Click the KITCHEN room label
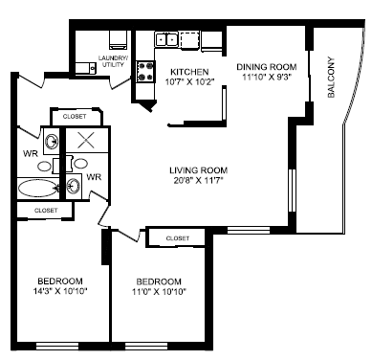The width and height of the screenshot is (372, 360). (x=190, y=72)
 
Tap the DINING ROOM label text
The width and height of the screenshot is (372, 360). (x=267, y=66)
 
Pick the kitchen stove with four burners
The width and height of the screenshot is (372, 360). (x=147, y=70)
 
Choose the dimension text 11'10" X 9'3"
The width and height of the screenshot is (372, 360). (x=267, y=78)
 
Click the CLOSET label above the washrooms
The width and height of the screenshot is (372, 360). (x=75, y=116)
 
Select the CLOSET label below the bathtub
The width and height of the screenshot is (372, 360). (x=45, y=209)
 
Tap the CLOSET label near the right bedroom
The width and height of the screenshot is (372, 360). (x=177, y=237)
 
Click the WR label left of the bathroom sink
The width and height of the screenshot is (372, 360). (x=30, y=151)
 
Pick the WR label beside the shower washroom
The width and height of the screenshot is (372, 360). (x=94, y=177)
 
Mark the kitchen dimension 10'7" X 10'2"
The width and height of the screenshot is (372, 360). (x=190, y=83)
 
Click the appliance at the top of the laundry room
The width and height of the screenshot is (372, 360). (x=119, y=40)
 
